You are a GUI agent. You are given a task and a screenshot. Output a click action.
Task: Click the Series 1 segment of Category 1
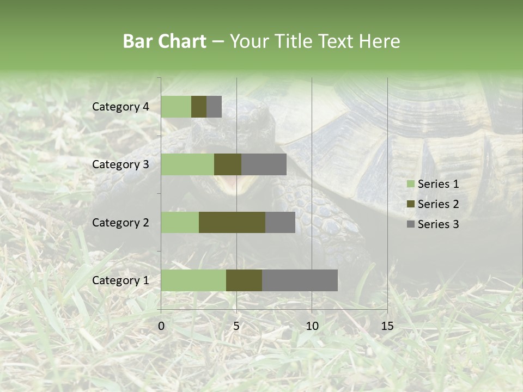(193, 280)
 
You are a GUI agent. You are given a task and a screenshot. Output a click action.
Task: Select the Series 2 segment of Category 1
(244, 280)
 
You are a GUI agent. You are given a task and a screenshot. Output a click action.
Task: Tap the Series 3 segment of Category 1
(300, 280)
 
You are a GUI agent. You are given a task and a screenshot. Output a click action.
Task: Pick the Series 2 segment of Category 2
(232, 222)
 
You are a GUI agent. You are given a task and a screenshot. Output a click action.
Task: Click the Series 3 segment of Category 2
(280, 222)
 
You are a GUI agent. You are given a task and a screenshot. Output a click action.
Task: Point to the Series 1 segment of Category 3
(187, 164)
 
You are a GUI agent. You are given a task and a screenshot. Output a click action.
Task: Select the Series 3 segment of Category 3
(264, 164)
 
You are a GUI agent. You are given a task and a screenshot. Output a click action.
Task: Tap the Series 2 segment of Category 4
(199, 107)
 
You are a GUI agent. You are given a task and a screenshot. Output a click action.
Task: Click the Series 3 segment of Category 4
(214, 107)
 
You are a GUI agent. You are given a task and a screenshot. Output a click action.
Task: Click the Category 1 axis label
(120, 280)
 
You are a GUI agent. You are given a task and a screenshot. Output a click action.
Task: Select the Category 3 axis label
(120, 164)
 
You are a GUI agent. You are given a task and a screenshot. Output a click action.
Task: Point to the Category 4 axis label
(120, 107)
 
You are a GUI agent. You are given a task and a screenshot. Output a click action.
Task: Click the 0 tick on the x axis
(161, 326)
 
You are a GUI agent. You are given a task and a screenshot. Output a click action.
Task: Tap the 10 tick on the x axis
(312, 326)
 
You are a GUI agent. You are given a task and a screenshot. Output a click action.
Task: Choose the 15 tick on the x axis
(387, 326)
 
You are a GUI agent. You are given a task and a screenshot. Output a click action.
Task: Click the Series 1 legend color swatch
(410, 184)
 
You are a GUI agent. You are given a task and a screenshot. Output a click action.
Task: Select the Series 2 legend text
(438, 204)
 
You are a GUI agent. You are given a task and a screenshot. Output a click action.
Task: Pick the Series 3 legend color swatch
(410, 224)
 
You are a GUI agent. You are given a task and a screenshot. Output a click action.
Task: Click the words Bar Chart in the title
(165, 41)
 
